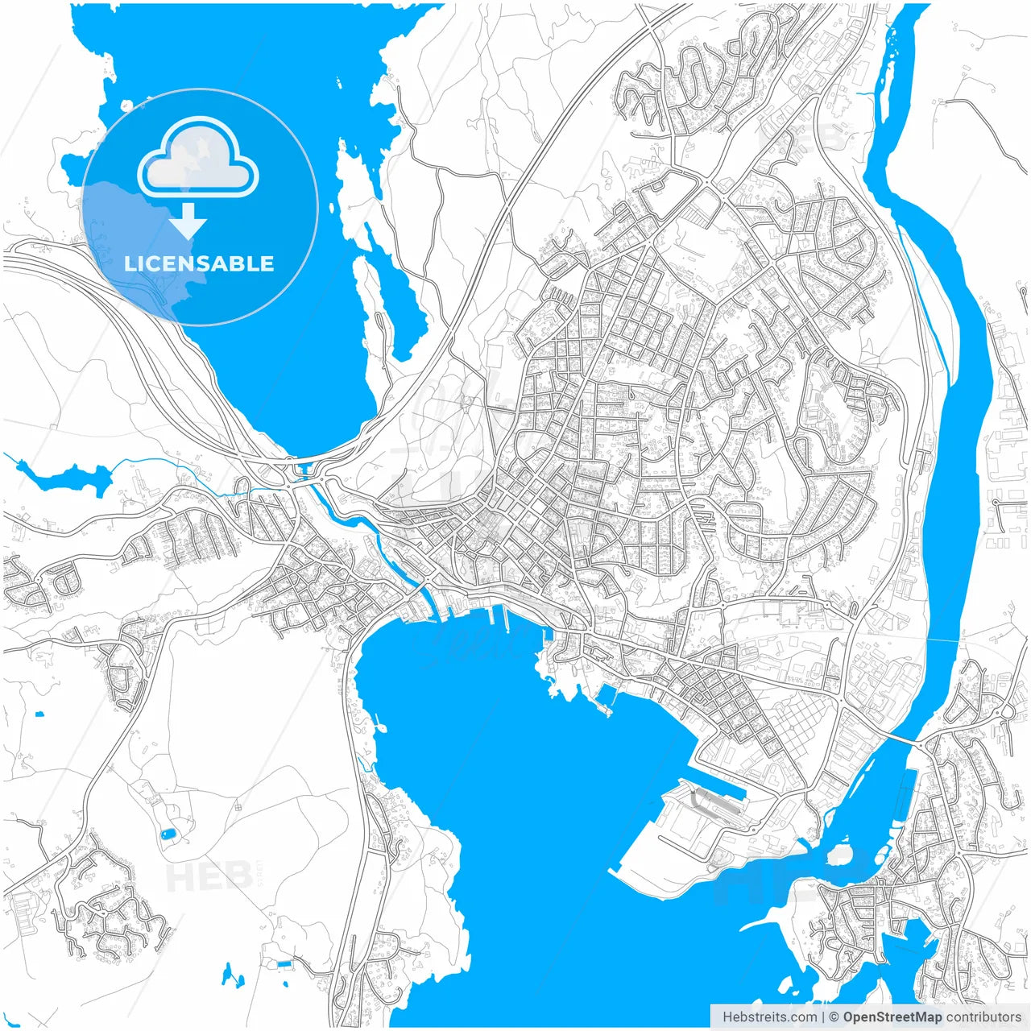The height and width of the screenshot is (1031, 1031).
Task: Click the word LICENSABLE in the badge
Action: click(199, 263)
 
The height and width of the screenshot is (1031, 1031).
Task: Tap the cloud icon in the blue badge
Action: click(198, 159)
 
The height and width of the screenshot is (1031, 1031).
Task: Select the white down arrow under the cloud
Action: click(188, 221)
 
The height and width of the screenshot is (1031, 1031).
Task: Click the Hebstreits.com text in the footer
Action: click(769, 1017)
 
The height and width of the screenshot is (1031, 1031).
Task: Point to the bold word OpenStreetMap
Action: click(892, 1017)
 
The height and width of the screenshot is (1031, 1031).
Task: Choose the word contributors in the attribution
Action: click(983, 1017)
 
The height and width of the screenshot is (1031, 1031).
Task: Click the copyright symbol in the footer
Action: click(834, 1017)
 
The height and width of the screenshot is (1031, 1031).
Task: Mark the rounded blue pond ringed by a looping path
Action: click(168, 834)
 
